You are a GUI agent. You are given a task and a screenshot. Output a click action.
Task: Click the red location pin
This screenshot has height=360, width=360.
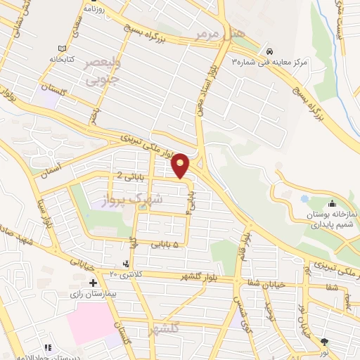pos(181,165)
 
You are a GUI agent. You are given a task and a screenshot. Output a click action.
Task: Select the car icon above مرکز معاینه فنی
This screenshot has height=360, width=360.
pos(270,52)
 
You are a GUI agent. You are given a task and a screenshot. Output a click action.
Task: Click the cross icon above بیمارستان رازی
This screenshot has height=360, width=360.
pos(93,282)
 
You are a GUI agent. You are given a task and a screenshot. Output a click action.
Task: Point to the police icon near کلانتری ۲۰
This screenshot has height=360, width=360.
pos(126,264)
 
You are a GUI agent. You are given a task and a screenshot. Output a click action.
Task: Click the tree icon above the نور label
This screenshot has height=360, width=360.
pos(324,342)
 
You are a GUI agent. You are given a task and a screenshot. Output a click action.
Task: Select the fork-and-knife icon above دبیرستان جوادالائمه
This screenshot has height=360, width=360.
pos(48,347)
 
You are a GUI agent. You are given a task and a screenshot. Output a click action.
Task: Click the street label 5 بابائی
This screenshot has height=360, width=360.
pos(166,244)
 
